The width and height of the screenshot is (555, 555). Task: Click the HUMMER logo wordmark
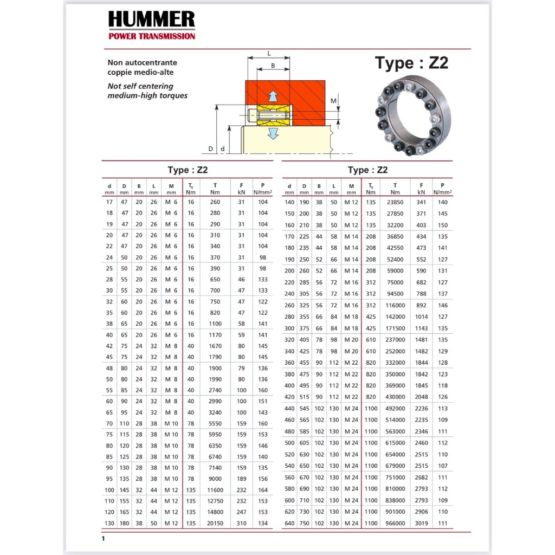click(x=151, y=20)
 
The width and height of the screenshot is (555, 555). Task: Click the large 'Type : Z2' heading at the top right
click(x=411, y=63)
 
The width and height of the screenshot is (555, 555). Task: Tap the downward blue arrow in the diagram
click(x=274, y=132)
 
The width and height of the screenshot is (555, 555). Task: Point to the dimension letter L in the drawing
click(x=269, y=53)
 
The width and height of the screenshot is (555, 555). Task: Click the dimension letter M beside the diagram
click(x=334, y=101)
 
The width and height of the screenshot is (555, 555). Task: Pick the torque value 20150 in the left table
click(x=215, y=523)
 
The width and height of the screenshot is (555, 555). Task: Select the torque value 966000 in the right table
click(x=395, y=523)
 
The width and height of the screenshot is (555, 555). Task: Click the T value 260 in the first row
click(x=215, y=202)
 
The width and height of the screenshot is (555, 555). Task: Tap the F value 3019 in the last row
click(x=421, y=523)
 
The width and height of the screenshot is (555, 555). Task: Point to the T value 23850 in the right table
click(x=395, y=202)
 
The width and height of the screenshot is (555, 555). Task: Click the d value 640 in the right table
click(x=289, y=523)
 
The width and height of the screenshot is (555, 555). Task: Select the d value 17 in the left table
click(x=109, y=202)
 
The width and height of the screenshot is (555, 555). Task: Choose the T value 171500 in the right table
click(x=395, y=328)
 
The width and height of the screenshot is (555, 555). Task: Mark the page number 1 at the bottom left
click(x=103, y=539)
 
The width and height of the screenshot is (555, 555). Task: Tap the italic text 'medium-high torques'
click(x=147, y=95)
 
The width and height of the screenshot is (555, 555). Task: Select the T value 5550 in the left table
click(x=215, y=423)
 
